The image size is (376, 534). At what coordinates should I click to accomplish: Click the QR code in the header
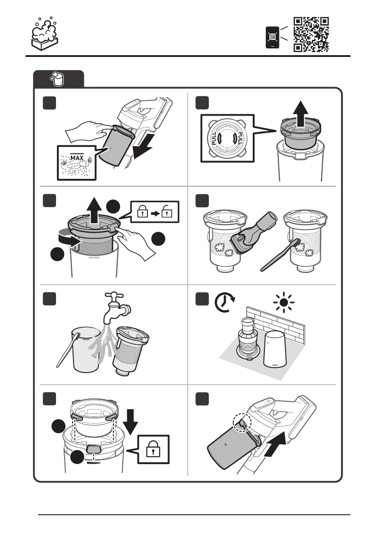tap(311, 35)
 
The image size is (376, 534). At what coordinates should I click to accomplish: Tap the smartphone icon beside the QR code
tap(272, 37)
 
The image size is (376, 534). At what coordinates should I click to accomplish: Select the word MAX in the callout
tap(77, 158)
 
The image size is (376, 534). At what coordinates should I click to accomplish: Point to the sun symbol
tap(284, 302)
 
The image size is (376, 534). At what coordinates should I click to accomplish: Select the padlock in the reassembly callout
tap(153, 450)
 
